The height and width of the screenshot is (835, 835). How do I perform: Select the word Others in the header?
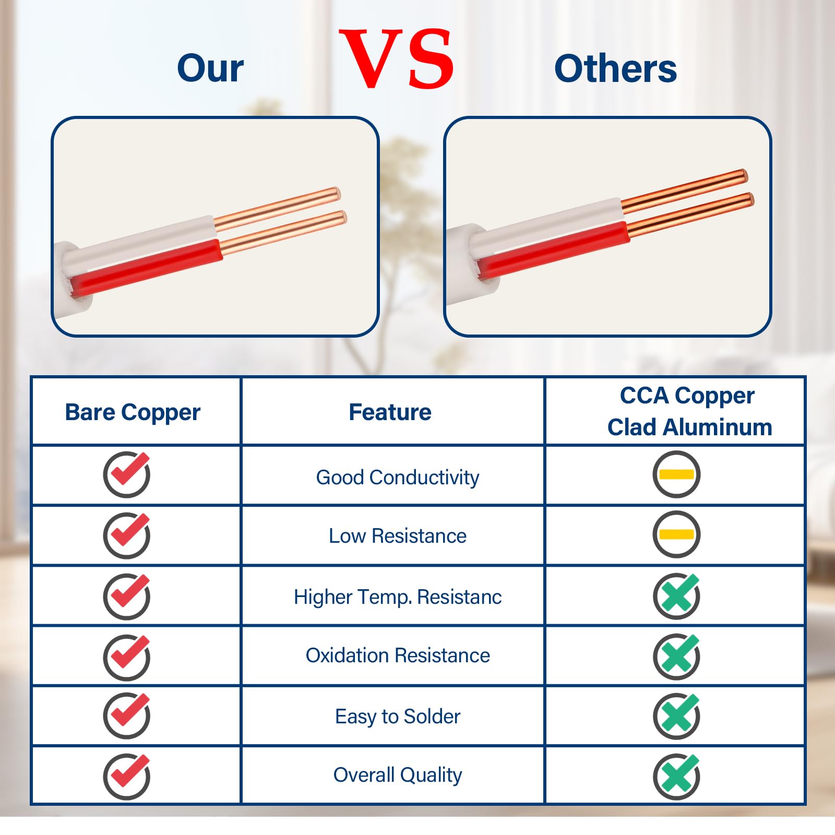click(615, 68)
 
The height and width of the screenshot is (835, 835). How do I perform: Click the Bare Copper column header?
click(133, 412)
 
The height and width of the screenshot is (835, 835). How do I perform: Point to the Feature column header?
click(390, 412)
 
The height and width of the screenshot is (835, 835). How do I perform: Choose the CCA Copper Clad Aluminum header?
click(689, 411)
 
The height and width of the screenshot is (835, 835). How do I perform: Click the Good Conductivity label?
click(398, 478)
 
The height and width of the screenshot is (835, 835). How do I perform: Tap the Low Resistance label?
click(398, 536)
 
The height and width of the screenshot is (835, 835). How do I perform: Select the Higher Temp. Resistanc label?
click(398, 597)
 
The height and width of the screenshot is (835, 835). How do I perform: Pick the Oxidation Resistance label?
click(398, 655)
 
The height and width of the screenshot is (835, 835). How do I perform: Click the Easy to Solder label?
click(398, 717)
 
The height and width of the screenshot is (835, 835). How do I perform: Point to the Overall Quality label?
click(398, 776)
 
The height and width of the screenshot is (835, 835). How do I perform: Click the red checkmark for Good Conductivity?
click(127, 474)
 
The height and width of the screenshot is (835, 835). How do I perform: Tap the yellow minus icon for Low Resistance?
click(676, 534)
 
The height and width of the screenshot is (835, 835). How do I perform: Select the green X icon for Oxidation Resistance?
click(676, 656)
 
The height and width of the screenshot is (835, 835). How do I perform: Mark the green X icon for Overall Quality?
click(676, 776)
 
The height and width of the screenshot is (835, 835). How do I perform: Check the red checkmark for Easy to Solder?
click(127, 715)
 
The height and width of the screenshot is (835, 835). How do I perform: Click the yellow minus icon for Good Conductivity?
click(676, 474)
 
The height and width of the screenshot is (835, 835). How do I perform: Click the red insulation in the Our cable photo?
click(146, 268)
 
